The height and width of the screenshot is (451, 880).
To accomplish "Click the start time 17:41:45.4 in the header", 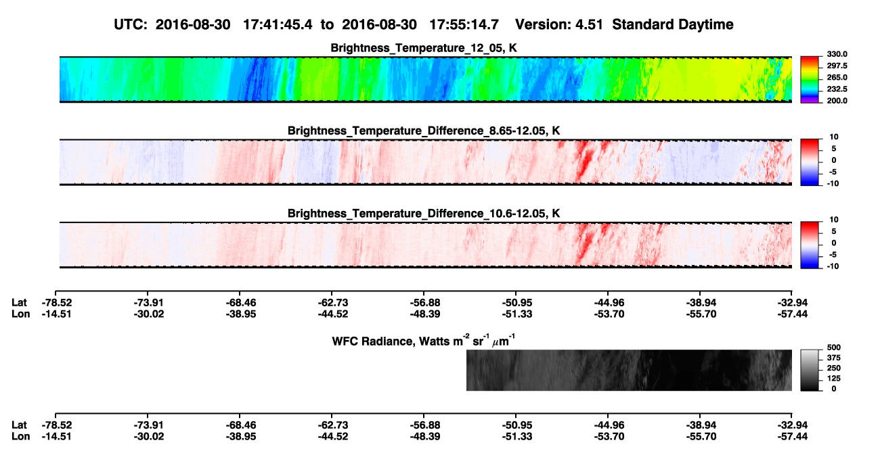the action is [278, 24].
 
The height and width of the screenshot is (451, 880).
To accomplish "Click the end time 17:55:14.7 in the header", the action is [464, 24].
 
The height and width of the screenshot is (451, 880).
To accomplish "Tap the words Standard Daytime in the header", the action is [673, 24].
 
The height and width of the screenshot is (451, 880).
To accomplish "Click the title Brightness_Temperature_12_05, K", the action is [424, 48].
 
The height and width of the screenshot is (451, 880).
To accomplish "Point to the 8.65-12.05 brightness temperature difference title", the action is [424, 130].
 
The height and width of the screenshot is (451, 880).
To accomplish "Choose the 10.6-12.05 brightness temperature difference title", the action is [424, 214].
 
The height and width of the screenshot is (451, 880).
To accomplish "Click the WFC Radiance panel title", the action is [424, 341].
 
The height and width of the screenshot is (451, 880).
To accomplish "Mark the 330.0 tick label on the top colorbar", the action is [837, 54].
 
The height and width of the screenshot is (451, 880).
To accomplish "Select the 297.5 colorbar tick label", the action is [837, 66].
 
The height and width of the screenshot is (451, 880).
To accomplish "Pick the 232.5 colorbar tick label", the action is [837, 89].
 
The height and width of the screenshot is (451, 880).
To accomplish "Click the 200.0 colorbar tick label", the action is [837, 101].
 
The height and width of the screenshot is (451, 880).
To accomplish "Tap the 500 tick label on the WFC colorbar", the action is [834, 348].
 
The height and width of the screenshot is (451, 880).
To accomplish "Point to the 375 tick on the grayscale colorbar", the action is [834, 358].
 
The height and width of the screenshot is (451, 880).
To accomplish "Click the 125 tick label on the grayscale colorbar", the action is [834, 379].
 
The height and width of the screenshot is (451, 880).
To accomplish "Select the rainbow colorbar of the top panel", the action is [810, 80].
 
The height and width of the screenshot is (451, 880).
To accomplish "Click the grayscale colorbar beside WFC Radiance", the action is [810, 370].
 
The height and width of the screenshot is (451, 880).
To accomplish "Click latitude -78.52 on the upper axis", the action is [57, 303].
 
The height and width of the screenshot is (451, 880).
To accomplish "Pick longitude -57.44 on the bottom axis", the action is [793, 437].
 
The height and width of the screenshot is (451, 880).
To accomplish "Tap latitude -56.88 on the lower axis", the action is [424, 425].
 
